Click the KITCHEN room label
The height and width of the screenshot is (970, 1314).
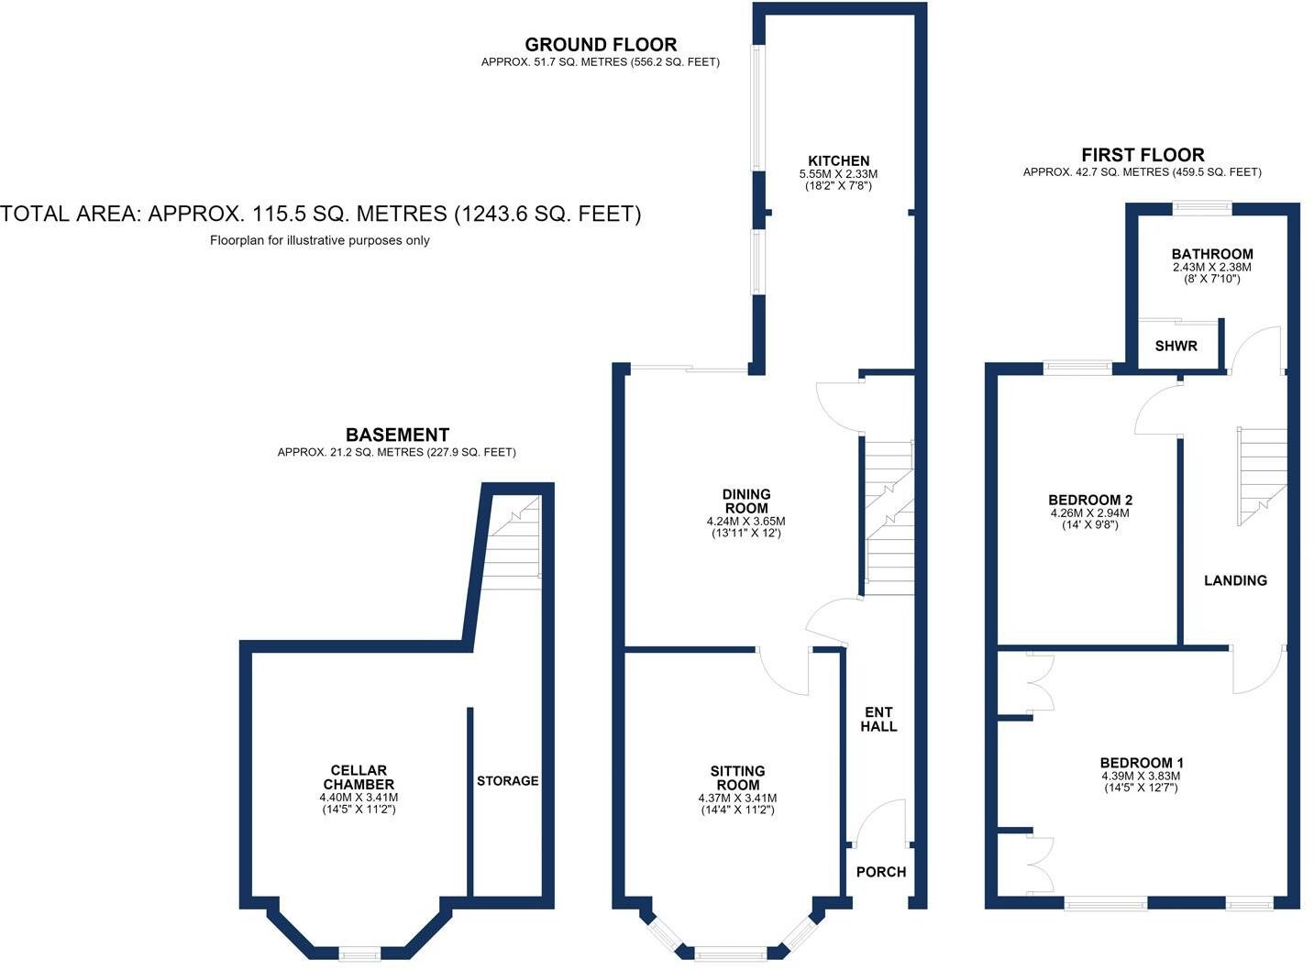tap(838, 160)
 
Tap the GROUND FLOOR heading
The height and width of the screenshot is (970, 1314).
tap(600, 44)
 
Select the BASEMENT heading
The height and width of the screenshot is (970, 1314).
tap(397, 435)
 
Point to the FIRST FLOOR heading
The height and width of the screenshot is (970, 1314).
tap(1143, 155)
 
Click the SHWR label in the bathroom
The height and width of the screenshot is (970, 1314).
tap(1176, 346)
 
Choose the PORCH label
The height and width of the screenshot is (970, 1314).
tap(881, 872)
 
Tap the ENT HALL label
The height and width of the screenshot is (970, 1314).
tap(878, 719)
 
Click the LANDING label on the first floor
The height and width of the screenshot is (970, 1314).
tap(1235, 580)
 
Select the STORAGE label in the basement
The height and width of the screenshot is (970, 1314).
tap(508, 780)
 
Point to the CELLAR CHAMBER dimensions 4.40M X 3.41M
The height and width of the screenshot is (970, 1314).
tap(359, 798)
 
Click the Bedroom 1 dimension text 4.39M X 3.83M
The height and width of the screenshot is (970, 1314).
tap(1141, 776)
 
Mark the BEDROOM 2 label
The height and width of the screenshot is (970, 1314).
tap(1090, 500)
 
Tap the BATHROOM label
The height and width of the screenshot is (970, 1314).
tap(1212, 254)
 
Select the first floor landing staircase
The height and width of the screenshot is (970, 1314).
tap(1263, 477)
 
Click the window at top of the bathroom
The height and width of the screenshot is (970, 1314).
tap(1202, 207)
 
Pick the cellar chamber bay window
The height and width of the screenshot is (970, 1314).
tap(359, 953)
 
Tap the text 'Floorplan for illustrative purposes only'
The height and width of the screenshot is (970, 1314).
tap(319, 240)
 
